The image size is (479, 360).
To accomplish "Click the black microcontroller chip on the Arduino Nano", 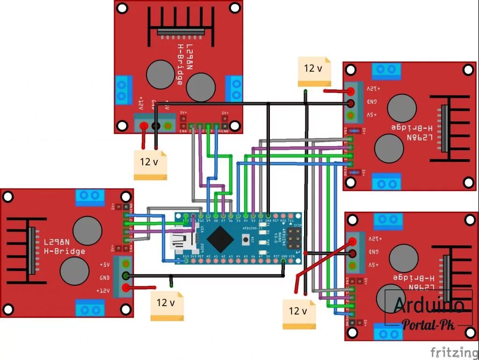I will point(220,239).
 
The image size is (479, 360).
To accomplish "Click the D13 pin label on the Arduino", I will point(186,257).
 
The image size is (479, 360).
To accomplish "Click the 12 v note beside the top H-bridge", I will point(150,165).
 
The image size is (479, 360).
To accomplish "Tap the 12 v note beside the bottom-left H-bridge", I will point(167,305).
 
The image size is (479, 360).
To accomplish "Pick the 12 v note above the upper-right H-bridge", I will point(314,71).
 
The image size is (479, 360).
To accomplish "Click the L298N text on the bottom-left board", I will point(57,242).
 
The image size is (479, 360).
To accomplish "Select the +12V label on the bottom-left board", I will point(103,291).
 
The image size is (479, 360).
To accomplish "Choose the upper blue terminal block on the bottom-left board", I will point(89,197).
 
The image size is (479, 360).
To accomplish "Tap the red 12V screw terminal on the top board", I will point(144,125).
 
